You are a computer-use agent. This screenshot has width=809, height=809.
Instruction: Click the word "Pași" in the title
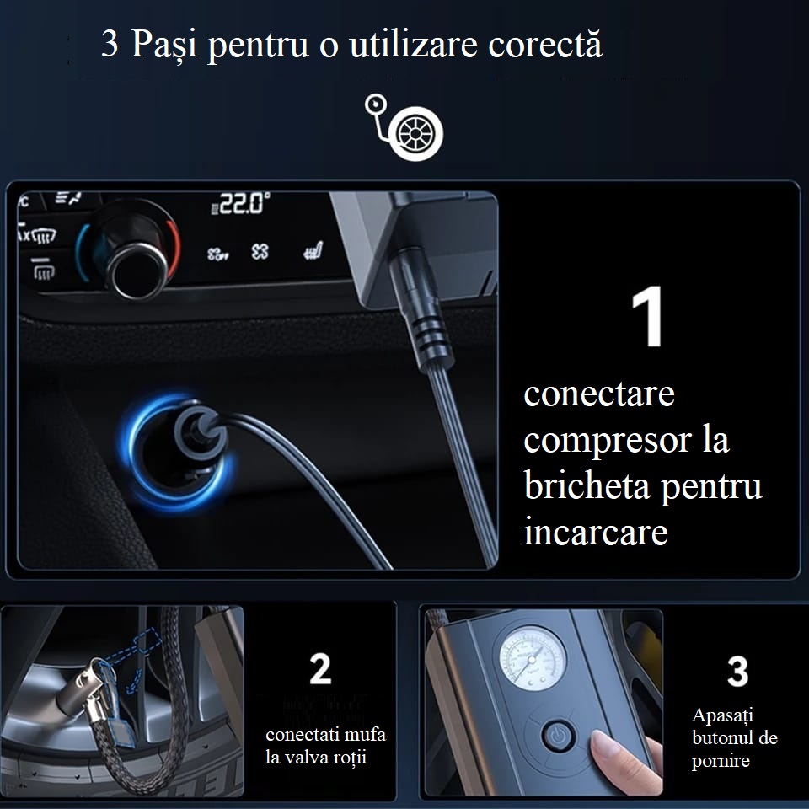pos(163,45)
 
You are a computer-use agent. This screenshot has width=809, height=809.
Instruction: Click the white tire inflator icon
pos(404,127)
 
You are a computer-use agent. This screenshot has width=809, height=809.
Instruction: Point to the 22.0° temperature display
pos(241,203)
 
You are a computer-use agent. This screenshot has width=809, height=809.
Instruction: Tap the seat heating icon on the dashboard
pos(313,251)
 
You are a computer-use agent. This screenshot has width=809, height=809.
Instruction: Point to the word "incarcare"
pos(596,532)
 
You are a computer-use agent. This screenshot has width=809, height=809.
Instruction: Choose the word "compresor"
pos(608,441)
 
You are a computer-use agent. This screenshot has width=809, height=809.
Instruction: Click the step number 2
pos(320,668)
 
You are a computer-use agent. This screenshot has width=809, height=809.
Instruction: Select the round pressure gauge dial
pos(533,659)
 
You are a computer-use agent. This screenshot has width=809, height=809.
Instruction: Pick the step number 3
pos(738,672)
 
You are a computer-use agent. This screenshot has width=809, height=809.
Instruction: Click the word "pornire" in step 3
pos(721,761)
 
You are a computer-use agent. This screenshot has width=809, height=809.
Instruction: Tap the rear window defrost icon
pos(42,269)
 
